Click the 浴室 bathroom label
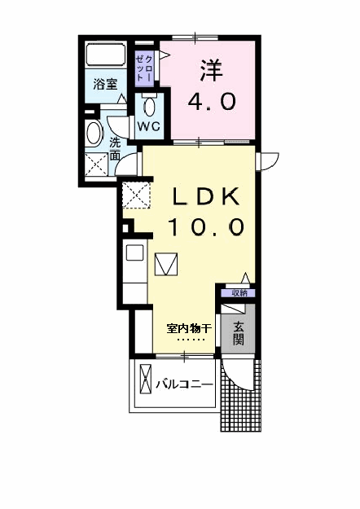tap(105, 84)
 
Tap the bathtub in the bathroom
tap(106, 55)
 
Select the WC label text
tap(149, 125)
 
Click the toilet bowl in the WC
tap(149, 107)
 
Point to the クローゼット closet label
tap(144, 68)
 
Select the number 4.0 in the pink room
tap(211, 101)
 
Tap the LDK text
tap(206, 195)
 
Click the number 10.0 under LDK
tap(206, 226)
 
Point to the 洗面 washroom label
tap(115, 149)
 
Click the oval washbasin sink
tap(93, 134)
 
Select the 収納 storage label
tap(239, 293)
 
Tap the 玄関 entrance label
tap(239, 333)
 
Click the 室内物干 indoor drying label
tap(189, 328)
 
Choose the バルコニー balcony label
tap(184, 384)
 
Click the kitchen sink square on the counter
tap(134, 253)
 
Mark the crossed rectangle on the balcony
tap(146, 379)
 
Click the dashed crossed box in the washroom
tap(96, 165)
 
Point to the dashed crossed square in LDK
tap(136, 195)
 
